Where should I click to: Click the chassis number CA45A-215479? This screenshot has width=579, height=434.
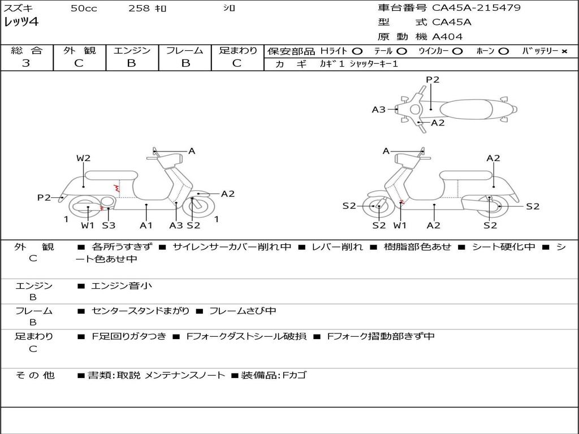(x=476, y=8)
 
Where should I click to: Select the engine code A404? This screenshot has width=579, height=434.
(x=447, y=37)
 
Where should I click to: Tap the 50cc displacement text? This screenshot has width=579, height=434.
(x=84, y=8)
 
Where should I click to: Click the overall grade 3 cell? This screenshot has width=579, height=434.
(x=26, y=63)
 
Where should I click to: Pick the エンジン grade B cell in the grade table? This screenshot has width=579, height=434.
(x=132, y=63)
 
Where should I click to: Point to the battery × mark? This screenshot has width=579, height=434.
(x=564, y=51)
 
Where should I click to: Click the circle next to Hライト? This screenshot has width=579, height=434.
(x=357, y=51)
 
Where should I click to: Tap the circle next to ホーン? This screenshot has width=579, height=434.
(x=503, y=51)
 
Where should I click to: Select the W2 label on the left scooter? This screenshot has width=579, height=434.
(x=84, y=158)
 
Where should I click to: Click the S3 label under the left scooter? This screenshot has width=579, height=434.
(x=109, y=225)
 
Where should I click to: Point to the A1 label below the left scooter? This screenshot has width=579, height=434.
(x=146, y=225)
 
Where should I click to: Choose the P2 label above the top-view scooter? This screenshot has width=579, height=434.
(x=433, y=80)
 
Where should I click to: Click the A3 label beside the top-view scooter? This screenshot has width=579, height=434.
(x=378, y=110)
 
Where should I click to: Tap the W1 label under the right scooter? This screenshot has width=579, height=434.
(x=400, y=225)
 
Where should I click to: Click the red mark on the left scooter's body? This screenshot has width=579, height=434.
(x=117, y=188)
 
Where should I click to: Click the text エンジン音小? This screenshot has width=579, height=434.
(x=122, y=286)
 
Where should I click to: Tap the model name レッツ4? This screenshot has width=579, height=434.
(x=21, y=23)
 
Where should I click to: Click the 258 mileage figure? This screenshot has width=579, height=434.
(x=139, y=8)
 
